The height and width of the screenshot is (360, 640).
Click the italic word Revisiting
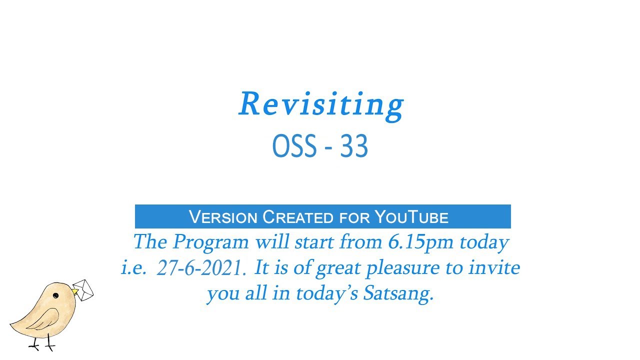320,105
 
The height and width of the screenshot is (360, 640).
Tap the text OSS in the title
294,147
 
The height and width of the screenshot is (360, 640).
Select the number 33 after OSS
354,147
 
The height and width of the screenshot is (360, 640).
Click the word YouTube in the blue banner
411,217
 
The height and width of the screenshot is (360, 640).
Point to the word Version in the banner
223,217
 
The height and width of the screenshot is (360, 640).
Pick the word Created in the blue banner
297,217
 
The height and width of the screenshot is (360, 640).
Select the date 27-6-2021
201,269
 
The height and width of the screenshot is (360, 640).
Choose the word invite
494,268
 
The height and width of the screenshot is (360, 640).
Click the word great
339,269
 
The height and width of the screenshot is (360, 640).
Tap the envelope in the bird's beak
84,290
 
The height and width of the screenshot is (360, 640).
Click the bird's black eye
55,296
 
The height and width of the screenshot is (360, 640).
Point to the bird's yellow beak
74,291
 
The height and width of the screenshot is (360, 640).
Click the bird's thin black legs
42,342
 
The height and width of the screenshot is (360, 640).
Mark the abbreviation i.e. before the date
133,268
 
